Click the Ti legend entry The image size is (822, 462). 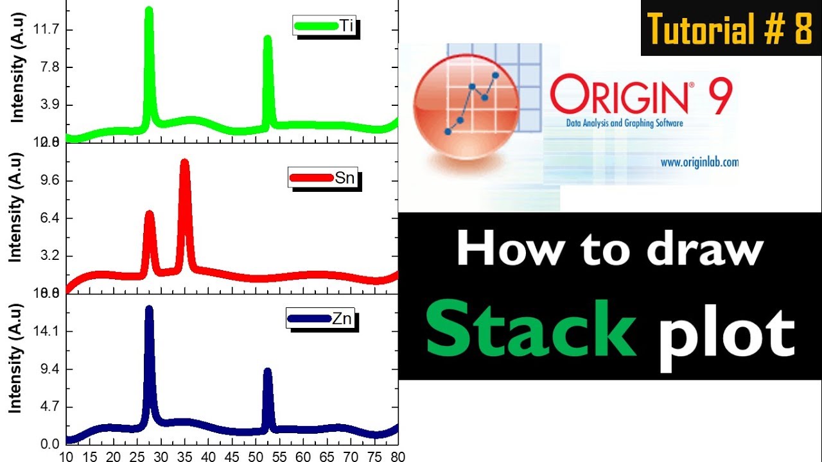pyautogui.click(x=325, y=26)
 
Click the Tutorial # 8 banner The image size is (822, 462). pyautogui.click(x=731, y=29)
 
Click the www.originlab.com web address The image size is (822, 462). pyautogui.click(x=699, y=162)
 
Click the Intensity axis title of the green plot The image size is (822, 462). pyautogui.click(x=18, y=71)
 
